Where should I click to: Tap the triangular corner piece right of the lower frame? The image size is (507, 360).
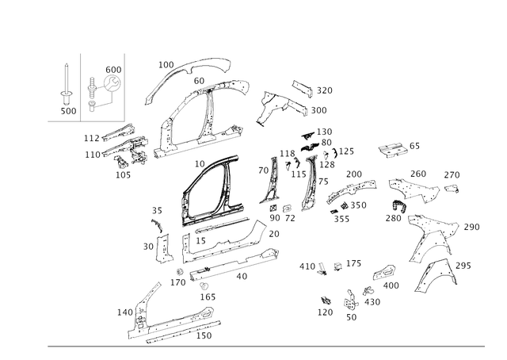[258, 233]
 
